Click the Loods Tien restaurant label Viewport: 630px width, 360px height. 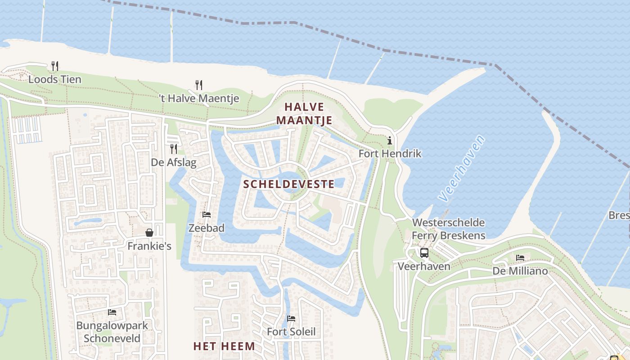coord(55,80)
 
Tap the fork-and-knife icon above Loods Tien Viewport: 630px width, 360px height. coord(55,66)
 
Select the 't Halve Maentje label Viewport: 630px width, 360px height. coord(199,99)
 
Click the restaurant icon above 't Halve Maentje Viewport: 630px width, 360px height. coord(198,85)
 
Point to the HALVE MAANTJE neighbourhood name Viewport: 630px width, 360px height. coord(304,113)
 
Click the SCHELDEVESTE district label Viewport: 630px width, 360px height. coord(289,184)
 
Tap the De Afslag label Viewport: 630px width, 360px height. coord(174,162)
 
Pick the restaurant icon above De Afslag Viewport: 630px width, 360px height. coord(173,148)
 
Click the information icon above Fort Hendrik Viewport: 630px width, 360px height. coord(390,140)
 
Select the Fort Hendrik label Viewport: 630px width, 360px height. coord(390,153)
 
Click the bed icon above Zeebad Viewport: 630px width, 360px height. coord(207,215)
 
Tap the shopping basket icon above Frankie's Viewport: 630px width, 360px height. coord(149,233)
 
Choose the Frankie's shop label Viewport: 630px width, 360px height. coord(149,246)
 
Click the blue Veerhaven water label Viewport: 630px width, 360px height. coord(463,168)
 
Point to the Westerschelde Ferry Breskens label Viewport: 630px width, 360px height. coord(449,229)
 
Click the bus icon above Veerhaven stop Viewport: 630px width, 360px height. coord(424,253)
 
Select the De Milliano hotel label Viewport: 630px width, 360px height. coord(520,271)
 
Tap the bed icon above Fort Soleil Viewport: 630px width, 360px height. coord(291,319)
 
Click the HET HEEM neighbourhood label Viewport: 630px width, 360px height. coord(224,346)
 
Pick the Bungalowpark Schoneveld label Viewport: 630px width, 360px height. coord(112,332)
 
